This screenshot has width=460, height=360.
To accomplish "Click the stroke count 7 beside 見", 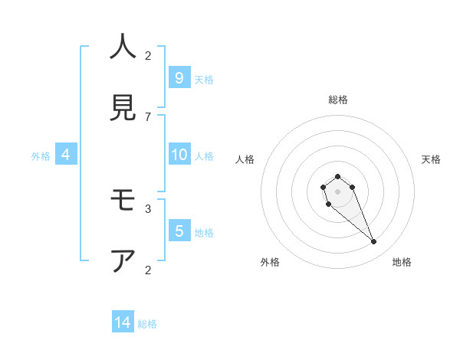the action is point(148,116).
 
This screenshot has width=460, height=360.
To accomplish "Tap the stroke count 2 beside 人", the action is point(148,55).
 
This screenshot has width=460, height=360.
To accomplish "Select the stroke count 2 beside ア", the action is point(148,270).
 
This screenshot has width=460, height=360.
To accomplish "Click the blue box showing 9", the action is point(179,77).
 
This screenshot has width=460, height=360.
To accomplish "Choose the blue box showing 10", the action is point(179,155).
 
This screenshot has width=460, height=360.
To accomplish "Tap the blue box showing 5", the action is point(179,231).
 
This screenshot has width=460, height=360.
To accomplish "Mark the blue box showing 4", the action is point(66,155).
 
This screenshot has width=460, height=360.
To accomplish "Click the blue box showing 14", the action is point(123,322).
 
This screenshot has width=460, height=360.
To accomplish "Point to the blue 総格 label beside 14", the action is point(147,324).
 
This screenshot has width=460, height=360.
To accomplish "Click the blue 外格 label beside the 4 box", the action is point(41,156).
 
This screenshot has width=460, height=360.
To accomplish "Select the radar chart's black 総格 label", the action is point(337,100).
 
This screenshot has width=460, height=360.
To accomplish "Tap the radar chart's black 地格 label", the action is point(402,262).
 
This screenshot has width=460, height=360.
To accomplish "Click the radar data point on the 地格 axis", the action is point(373,242).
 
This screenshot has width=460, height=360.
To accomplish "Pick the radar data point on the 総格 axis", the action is point(337,176).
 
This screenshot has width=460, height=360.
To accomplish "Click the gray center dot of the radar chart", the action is point(337,191).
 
